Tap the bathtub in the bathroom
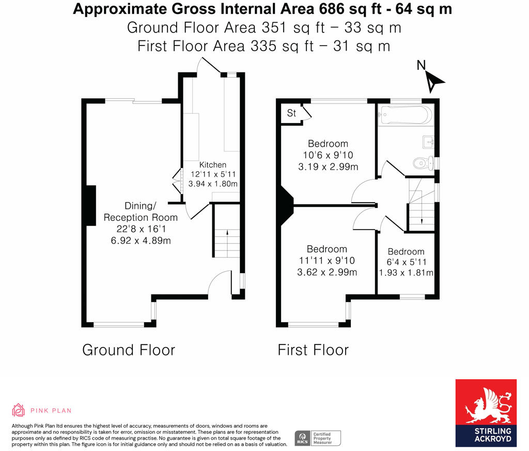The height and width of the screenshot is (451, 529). (406, 115)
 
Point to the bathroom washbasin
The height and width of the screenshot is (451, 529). (428, 142)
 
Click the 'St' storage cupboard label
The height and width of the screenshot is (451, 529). (291, 113)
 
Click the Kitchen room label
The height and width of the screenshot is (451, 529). (212, 165)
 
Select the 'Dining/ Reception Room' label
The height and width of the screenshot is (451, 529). (141, 212)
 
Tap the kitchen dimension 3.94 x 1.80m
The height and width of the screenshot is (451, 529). (213, 184)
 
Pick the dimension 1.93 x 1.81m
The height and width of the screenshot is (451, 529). (406, 273)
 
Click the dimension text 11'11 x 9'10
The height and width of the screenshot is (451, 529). (327, 261)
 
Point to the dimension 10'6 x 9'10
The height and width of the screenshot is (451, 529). (328, 155)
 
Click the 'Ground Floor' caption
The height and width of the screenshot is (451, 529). (129, 350)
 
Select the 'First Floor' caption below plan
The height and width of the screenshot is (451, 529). (313, 350)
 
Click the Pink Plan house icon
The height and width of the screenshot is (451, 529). (18, 410)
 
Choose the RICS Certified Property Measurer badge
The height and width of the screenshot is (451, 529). (318, 438)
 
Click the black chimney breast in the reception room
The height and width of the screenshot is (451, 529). (91, 205)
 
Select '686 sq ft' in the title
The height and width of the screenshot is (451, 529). (350, 9)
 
